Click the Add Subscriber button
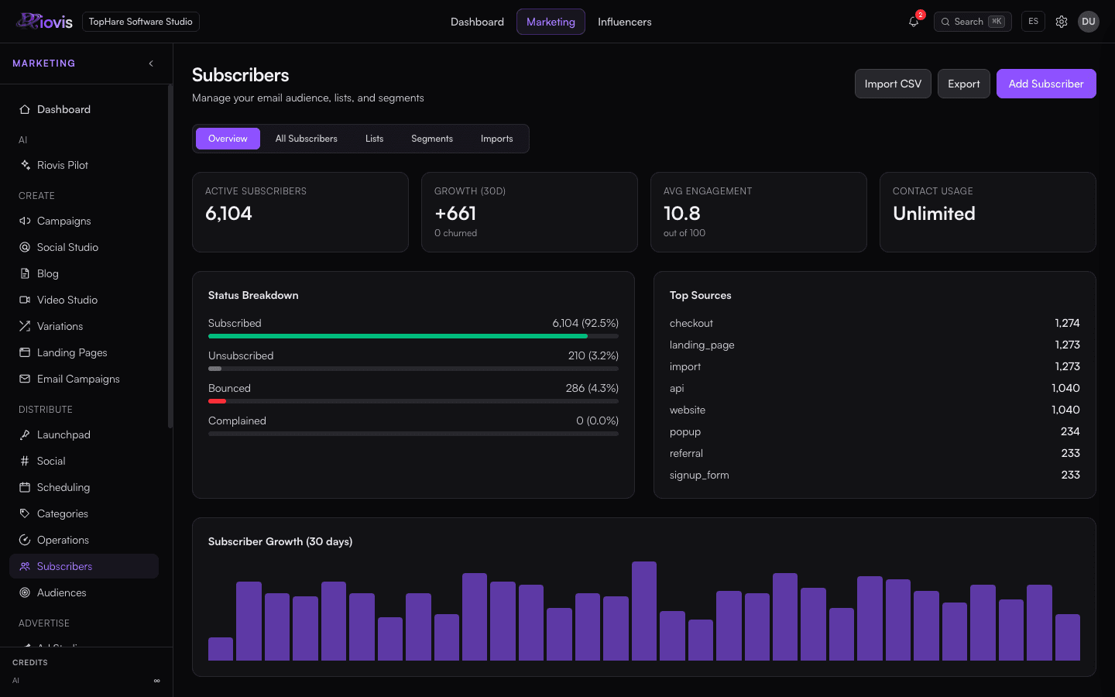(x=1046, y=84)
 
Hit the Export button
(x=964, y=84)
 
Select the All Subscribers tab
(x=306, y=139)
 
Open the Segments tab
(x=431, y=139)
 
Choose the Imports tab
(x=496, y=139)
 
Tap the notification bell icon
(x=913, y=22)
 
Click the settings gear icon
(x=1062, y=22)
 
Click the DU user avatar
(x=1088, y=22)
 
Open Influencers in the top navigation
(x=624, y=22)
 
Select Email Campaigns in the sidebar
(x=78, y=379)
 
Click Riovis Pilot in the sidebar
(x=62, y=165)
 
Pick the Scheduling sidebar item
(x=63, y=487)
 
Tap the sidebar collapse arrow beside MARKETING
(x=151, y=64)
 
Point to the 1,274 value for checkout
(x=1067, y=323)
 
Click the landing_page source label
(x=702, y=345)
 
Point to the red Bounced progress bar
(x=217, y=401)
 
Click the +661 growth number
(x=455, y=214)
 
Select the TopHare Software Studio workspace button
(x=140, y=22)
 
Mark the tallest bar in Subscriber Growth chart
(x=644, y=611)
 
